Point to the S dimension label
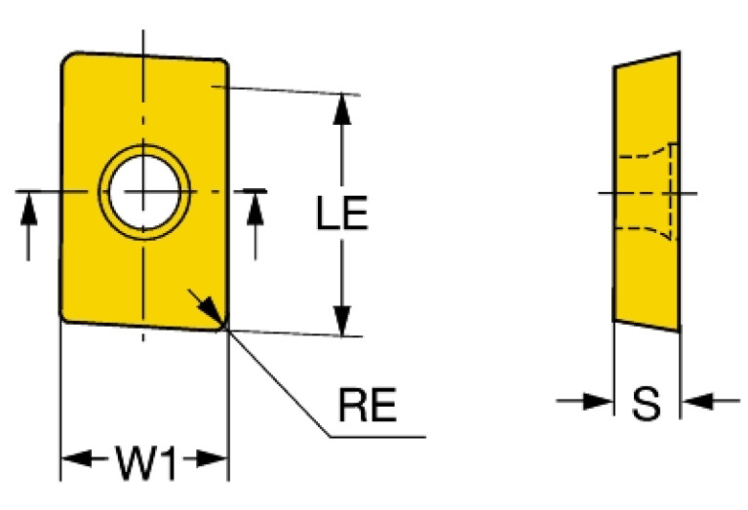click(646, 402)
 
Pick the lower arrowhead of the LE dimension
click(341, 321)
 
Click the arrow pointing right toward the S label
click(595, 401)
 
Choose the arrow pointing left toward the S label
click(697, 401)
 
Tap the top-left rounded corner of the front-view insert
click(68, 60)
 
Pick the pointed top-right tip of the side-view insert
click(677, 54)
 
